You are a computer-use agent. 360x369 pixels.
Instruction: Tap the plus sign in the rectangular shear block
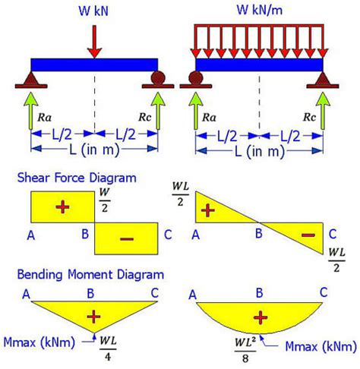(x=62, y=207)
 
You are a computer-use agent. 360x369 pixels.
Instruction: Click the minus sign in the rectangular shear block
(x=126, y=238)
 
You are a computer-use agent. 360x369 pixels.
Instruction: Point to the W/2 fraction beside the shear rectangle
(x=105, y=201)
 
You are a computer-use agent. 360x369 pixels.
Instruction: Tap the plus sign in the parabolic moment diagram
(x=261, y=316)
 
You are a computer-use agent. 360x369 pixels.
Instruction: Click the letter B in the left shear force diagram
(x=86, y=235)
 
